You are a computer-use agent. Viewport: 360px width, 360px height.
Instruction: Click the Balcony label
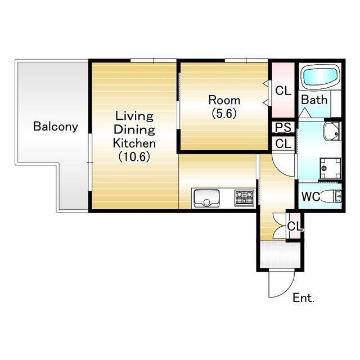[56, 127]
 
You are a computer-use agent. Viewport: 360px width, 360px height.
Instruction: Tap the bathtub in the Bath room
[321, 76]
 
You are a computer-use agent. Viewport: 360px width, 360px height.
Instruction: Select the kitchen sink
[206, 199]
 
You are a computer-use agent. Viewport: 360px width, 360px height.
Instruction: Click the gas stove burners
[245, 197]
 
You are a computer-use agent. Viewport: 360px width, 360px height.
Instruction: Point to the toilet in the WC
[330, 196]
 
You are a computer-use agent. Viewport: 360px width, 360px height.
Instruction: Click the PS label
[283, 127]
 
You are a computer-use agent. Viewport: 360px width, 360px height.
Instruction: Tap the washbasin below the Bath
[332, 131]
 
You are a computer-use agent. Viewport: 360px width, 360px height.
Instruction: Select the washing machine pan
[330, 168]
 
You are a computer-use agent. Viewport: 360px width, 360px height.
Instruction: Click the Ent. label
[304, 298]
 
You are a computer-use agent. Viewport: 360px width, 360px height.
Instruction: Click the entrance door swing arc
[288, 291]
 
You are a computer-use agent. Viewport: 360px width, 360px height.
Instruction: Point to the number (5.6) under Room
[224, 113]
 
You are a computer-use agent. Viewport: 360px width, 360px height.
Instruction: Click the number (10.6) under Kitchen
[134, 157]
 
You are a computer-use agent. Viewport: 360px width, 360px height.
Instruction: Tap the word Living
[134, 116]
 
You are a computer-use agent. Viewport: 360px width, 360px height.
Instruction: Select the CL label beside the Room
[283, 91]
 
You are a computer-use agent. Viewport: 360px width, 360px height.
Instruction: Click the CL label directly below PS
[283, 144]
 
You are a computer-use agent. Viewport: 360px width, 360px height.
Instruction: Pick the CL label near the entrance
[295, 226]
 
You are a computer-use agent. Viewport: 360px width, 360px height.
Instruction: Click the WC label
[310, 196]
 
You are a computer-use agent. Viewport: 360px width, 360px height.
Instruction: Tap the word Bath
[314, 100]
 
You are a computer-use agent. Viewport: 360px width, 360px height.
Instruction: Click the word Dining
[134, 129]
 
